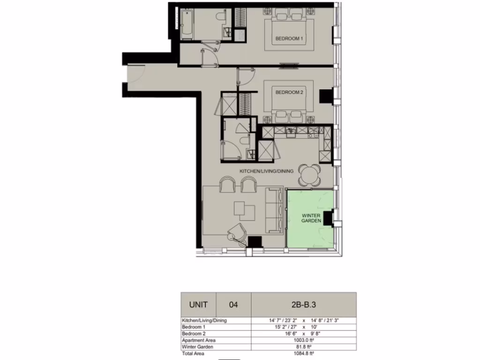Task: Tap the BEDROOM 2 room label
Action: click(289, 93)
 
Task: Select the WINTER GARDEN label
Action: click(311, 217)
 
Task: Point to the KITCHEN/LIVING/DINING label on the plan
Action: click(266, 172)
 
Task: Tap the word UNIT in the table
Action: click(198, 304)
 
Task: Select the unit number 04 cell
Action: click(233, 305)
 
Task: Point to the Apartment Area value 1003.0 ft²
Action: click(303, 340)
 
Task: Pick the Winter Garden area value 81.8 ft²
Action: click(303, 347)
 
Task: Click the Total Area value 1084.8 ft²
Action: click(303, 353)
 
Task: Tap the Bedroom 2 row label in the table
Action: click(194, 333)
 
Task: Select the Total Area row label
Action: click(193, 353)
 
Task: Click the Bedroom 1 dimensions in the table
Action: click(303, 327)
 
